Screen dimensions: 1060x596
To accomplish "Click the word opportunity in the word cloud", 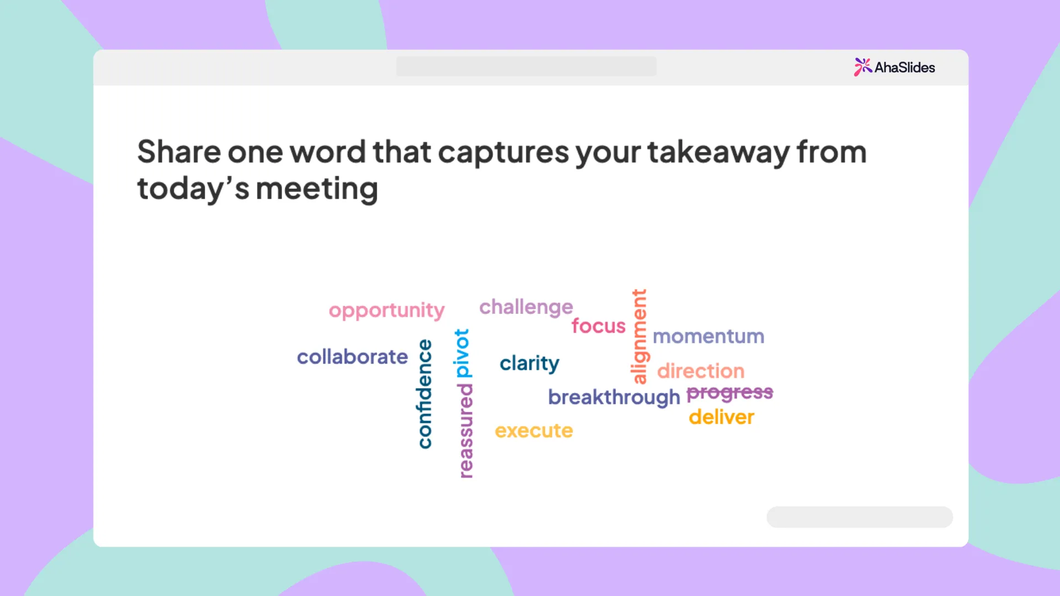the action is point(386,311).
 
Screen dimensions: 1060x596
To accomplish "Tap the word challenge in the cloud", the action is point(526,307).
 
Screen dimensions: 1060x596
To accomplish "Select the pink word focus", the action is point(598,326).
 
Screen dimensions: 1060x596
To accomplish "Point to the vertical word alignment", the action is point(639,336).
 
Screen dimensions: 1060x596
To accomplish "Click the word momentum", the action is point(708,336).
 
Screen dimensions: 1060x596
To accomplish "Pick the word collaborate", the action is point(352,356).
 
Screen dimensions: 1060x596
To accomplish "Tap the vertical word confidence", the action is point(424,393).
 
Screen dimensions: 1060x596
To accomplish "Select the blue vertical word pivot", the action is point(462,353).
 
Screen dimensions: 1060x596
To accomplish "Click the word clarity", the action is point(529,363).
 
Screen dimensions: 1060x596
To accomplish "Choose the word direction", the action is point(701,371).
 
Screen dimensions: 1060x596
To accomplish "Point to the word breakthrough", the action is point(614,397).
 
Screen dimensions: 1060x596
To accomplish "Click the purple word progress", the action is point(730,393).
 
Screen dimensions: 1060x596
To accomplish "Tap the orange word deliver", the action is point(722,417).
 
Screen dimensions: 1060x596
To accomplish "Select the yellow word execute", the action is point(534,430).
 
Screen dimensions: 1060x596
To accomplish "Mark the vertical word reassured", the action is point(465,431).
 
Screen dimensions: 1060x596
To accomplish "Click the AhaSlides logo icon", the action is point(863,67).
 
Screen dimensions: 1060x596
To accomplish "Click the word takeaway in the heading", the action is point(718,152).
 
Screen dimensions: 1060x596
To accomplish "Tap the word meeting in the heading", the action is point(317,189).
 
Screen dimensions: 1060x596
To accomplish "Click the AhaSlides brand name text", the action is point(905,67).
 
